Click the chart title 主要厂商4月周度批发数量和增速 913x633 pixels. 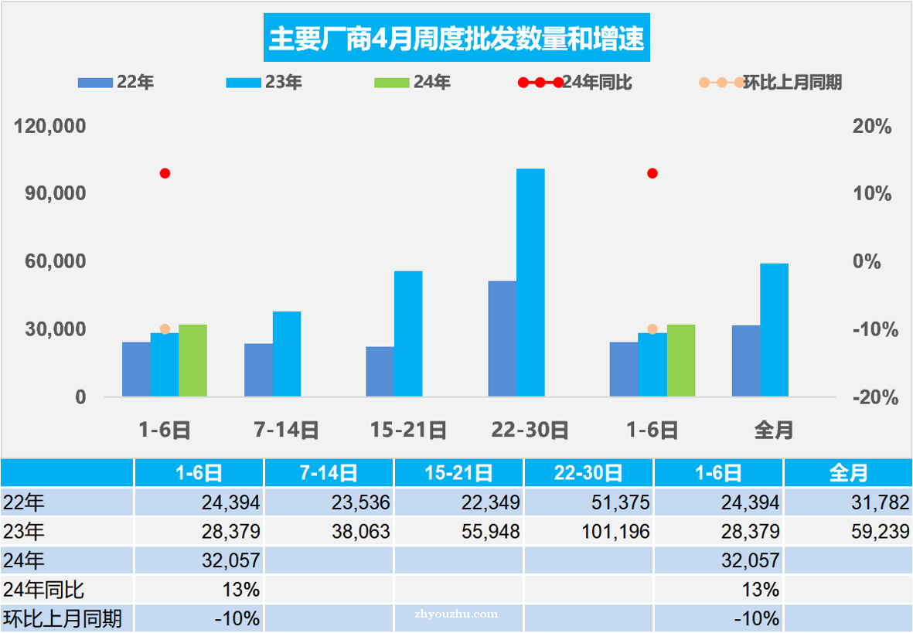pos(456,37)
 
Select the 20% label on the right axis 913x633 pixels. pos(871,126)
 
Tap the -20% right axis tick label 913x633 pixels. pos(871,397)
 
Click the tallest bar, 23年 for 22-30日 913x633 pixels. pos(530,282)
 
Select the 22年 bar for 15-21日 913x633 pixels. pos(380,371)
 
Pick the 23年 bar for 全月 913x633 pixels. pos(774,330)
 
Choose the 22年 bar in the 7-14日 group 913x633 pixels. pos(258,369)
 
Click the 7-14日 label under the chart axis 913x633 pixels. pos(286,430)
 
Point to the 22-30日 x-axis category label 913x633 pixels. pos(530,430)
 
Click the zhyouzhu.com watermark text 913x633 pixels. pos(456,614)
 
